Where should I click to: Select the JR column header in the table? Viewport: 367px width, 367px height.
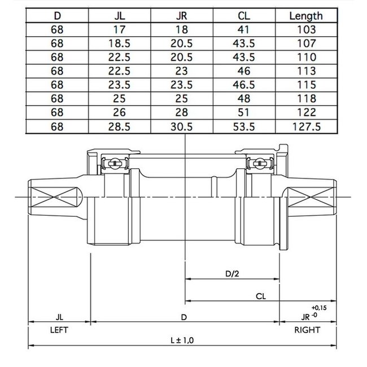pos(182,16)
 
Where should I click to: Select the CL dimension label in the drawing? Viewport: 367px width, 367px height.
pos(261,295)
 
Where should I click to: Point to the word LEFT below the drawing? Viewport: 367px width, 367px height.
pos(59,330)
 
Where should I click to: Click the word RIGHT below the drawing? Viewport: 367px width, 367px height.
pos(307,330)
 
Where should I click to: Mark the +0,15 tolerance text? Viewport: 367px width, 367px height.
pos(319,308)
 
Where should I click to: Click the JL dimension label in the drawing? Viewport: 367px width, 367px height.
pos(59,317)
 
